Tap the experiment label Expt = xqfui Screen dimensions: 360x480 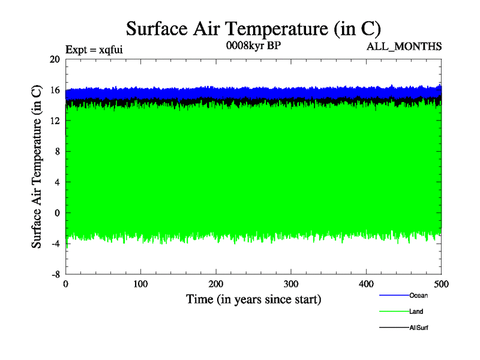click(x=94, y=50)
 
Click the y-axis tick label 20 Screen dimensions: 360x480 click(x=55, y=59)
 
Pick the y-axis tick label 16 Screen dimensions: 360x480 click(x=55, y=90)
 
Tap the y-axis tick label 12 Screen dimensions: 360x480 click(x=55, y=121)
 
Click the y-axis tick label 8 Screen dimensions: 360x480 click(x=57, y=151)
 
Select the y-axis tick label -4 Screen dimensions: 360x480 click(x=55, y=243)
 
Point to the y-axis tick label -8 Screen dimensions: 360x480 click(x=55, y=274)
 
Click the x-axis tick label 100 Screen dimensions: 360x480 click(x=140, y=284)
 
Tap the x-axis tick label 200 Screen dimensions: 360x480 click(x=216, y=284)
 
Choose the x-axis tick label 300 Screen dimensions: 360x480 click(x=291, y=284)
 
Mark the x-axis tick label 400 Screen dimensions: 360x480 click(x=366, y=284)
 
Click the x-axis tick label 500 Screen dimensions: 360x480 click(x=441, y=284)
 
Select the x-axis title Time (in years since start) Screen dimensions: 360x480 click(x=253, y=299)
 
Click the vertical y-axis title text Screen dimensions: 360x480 click(x=37, y=166)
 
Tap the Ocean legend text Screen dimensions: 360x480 click(x=418, y=295)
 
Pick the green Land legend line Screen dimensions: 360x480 click(x=394, y=311)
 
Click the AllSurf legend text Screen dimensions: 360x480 click(x=419, y=328)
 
